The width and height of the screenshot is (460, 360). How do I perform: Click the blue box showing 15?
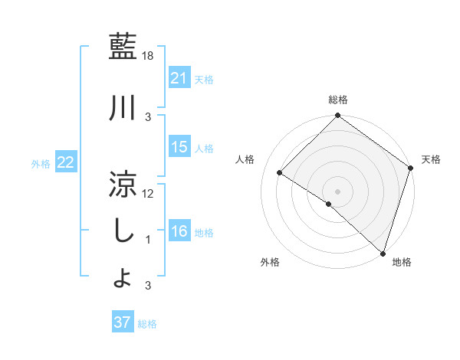[x=179, y=148]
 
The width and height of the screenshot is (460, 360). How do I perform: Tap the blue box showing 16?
[x=179, y=232]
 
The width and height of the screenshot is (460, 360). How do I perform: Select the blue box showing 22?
[x=66, y=162]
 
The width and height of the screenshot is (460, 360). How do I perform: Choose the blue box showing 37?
[x=123, y=322]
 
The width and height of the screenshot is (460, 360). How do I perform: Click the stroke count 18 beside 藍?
[x=149, y=55]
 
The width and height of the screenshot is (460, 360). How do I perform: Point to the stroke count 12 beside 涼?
[x=149, y=193]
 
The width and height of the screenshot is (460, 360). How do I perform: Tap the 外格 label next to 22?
[x=41, y=163]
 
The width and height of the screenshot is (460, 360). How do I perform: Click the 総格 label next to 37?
[x=147, y=323]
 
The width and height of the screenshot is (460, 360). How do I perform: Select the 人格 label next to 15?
[x=204, y=149]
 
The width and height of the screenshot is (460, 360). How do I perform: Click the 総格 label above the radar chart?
[x=337, y=100]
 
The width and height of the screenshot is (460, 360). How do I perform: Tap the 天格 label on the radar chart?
[x=431, y=159]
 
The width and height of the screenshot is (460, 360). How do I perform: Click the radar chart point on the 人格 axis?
[x=280, y=172]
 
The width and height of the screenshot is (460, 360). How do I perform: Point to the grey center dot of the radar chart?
[x=337, y=191]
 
